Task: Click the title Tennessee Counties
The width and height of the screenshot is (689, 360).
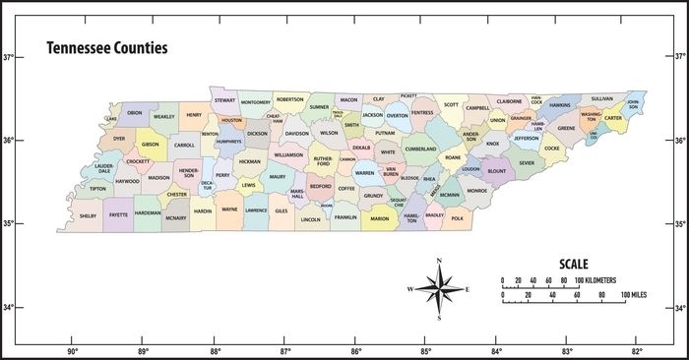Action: [106, 47]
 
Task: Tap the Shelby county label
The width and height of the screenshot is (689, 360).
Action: [89, 214]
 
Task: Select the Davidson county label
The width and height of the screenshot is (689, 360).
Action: [297, 133]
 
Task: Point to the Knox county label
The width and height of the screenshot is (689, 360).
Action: [492, 144]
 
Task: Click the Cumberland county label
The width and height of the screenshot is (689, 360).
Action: [420, 150]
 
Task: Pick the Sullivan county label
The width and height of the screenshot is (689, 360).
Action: [602, 98]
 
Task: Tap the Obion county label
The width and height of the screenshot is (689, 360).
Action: [135, 113]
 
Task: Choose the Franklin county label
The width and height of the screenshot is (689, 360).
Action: [344, 216]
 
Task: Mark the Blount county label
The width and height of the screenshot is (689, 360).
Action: [497, 170]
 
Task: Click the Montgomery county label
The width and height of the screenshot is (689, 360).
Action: [255, 102]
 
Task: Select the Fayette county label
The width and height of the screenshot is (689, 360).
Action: [119, 214]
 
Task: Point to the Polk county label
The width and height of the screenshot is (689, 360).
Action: [458, 218]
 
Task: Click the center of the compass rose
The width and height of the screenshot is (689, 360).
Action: [439, 289]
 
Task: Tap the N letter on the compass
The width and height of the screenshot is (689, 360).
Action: [439, 261]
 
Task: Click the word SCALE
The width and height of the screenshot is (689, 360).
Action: [574, 264]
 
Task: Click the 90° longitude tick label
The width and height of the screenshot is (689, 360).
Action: [73, 351]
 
